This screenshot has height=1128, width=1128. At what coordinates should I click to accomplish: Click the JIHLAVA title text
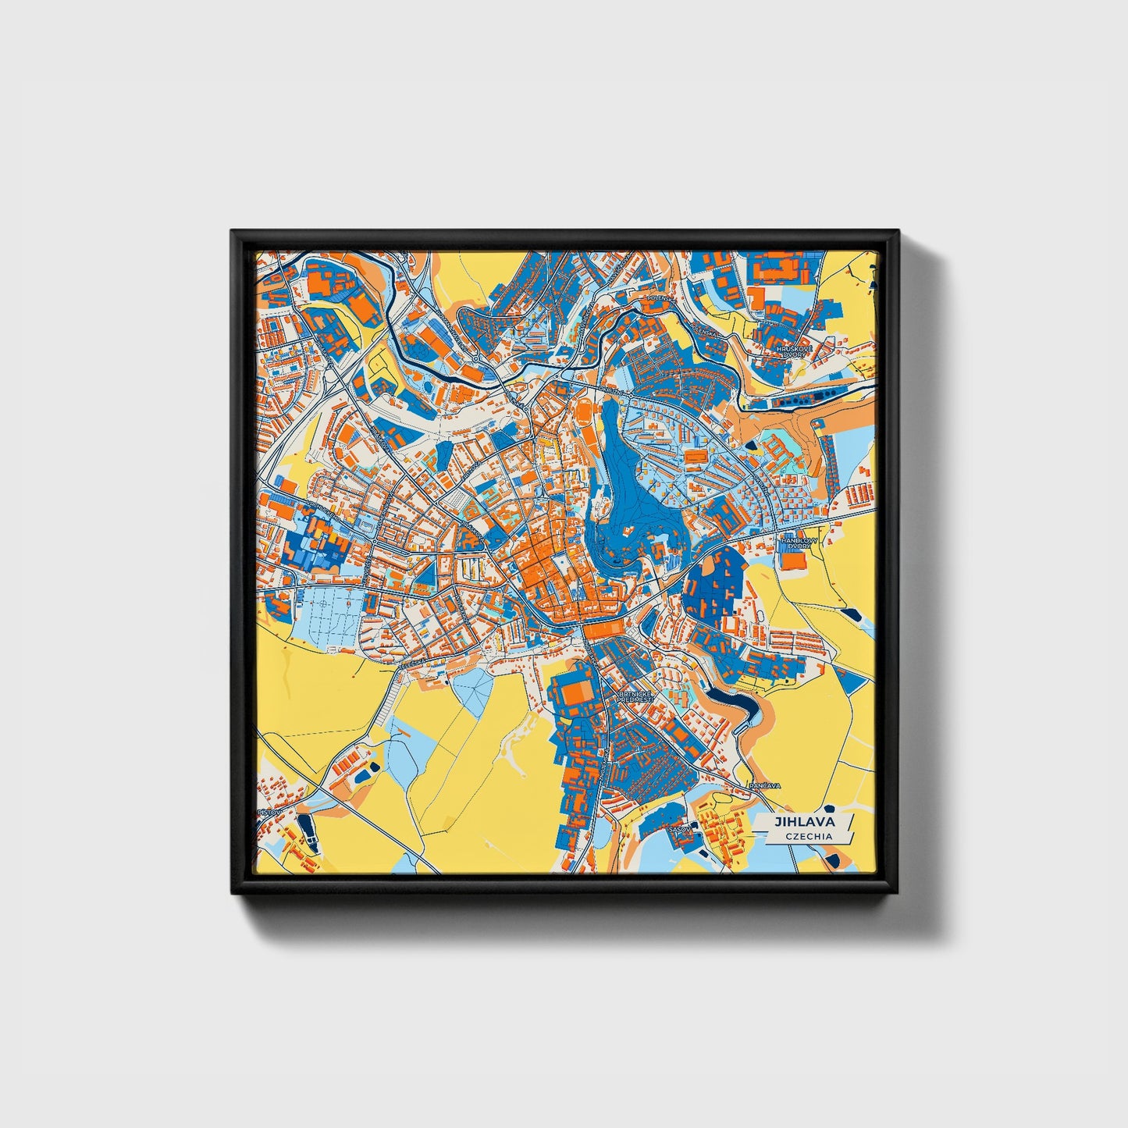click(x=804, y=822)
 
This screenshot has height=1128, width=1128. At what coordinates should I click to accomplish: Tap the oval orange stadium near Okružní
click(x=583, y=407)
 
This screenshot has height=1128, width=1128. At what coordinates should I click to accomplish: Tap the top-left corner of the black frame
click(x=233, y=232)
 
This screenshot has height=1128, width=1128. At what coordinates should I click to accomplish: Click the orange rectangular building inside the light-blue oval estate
click(x=694, y=456)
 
